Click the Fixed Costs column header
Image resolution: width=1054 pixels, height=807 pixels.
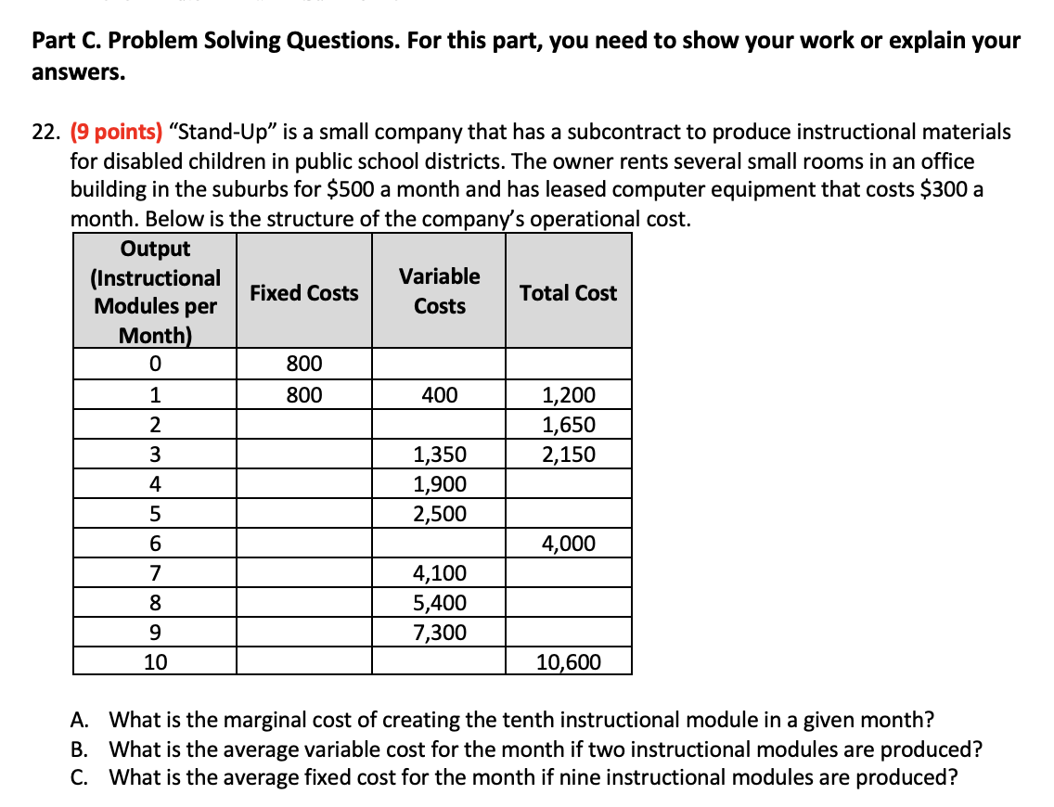(304, 292)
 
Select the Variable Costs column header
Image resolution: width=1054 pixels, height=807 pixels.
(440, 291)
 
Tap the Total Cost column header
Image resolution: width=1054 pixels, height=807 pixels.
(568, 292)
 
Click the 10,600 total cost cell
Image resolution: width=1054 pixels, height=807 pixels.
(569, 662)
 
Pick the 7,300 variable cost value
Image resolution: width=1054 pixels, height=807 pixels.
(440, 633)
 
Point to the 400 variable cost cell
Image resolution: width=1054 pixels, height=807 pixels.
(440, 395)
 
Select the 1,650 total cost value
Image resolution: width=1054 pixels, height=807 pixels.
(569, 425)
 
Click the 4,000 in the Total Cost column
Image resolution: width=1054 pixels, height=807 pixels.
(569, 544)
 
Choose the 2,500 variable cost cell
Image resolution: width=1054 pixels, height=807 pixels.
(440, 514)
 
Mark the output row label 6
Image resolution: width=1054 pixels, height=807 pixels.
(155, 544)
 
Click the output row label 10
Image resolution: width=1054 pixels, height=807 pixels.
(155, 662)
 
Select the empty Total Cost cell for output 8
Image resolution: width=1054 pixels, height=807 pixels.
(569, 603)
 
